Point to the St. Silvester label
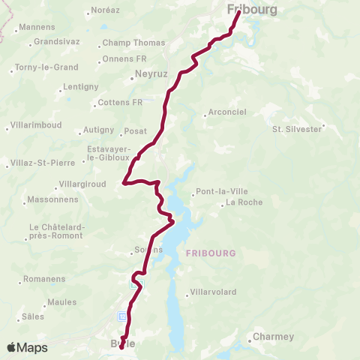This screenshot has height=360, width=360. coord(296,129)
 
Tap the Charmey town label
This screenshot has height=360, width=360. coord(273,337)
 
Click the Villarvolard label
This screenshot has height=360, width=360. coord(214,292)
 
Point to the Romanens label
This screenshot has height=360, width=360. coord(44,279)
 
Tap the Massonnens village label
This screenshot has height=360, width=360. coord(52,200)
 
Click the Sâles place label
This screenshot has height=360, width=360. coord(34,316)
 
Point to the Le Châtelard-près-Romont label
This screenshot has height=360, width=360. coord(57,232)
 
